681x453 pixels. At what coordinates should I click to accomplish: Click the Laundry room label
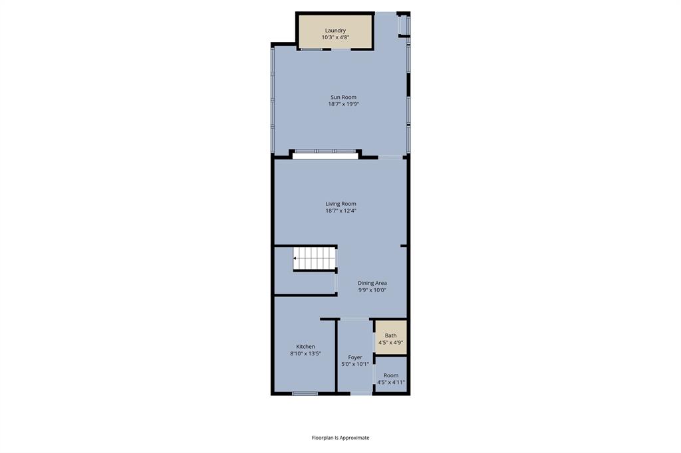(x=335, y=31)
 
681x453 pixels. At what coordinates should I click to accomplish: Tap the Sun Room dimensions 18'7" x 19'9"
(x=343, y=104)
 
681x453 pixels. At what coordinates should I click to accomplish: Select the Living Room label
(x=340, y=204)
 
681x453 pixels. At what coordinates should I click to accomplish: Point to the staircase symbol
(x=315, y=258)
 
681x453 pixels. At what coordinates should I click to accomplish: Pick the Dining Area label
(x=372, y=283)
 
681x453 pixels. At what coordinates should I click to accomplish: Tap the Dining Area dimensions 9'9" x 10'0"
(x=372, y=290)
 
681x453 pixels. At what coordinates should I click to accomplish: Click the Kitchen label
(x=306, y=347)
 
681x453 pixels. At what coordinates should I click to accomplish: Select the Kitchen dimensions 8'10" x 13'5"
(x=306, y=354)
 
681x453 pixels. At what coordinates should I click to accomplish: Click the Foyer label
(x=355, y=357)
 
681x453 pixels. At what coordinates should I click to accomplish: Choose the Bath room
(x=390, y=337)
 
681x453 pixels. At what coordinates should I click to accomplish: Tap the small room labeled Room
(x=390, y=376)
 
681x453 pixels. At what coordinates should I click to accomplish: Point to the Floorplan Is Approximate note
(x=340, y=438)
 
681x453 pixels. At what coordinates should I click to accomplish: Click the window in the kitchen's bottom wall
(x=305, y=394)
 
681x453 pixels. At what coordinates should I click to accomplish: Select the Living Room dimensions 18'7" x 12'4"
(x=340, y=211)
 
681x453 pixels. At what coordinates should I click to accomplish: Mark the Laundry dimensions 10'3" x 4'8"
(x=335, y=38)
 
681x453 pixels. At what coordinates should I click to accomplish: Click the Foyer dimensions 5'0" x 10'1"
(x=355, y=364)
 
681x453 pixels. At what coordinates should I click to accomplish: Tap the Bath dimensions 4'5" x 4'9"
(x=390, y=343)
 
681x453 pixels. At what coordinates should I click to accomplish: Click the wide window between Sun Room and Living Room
(x=325, y=152)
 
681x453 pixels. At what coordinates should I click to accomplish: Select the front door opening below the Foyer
(x=362, y=394)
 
